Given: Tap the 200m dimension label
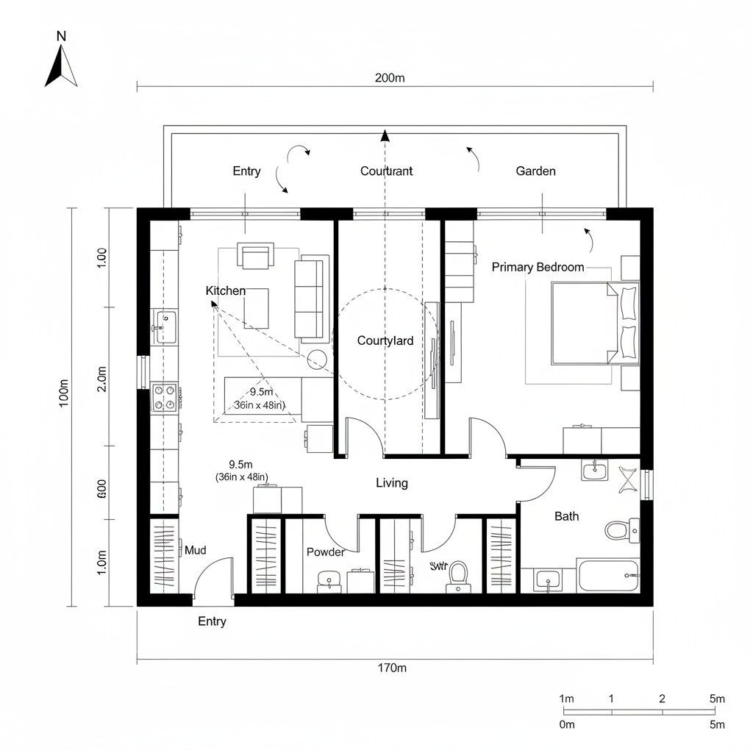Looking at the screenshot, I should (x=390, y=78).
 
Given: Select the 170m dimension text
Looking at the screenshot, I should (x=392, y=668).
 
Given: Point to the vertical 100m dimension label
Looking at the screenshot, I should (x=63, y=393).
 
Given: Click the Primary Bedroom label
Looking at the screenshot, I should (x=538, y=267).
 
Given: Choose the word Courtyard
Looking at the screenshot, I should (x=385, y=340).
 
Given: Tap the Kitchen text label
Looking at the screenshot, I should (x=226, y=291).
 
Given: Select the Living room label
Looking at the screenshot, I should (x=391, y=483).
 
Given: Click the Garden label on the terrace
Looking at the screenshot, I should (x=535, y=171).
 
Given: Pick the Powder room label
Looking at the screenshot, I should (x=325, y=552).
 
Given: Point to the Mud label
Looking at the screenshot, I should (x=195, y=550).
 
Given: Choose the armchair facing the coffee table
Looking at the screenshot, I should (x=254, y=256).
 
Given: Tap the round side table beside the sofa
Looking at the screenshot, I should (x=318, y=359).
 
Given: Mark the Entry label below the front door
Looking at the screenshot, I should (x=212, y=621).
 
